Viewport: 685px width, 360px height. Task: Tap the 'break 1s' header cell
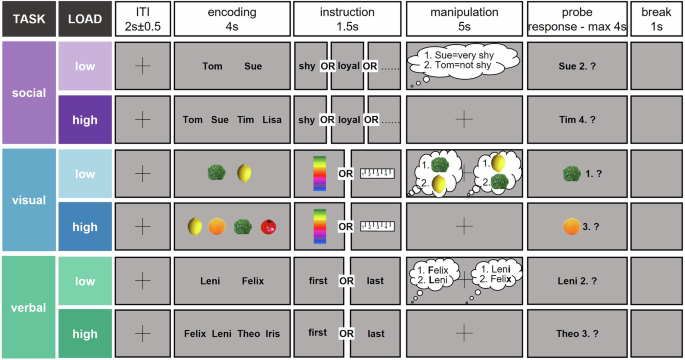[x=655, y=18]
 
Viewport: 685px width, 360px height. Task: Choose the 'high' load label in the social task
[x=85, y=119]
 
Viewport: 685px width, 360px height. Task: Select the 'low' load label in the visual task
[x=85, y=173]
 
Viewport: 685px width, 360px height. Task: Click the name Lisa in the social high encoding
[x=272, y=120]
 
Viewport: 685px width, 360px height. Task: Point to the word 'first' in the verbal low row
[x=318, y=282]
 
